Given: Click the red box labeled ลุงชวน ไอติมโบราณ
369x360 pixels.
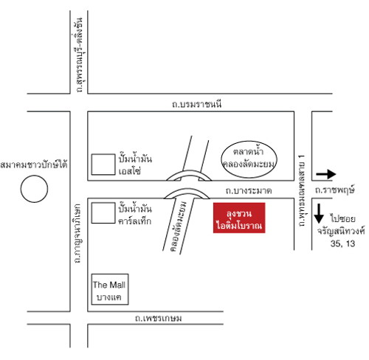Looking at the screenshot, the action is tap(239, 218).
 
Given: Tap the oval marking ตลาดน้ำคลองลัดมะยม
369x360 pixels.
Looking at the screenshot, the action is tap(249, 141).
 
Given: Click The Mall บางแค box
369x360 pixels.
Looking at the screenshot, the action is tap(110, 274).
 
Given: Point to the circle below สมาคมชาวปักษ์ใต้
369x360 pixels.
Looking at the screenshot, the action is tap(34, 176).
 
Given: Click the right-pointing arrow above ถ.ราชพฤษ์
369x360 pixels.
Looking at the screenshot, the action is tap(326, 174).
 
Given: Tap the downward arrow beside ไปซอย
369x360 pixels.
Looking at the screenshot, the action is tap(319, 213).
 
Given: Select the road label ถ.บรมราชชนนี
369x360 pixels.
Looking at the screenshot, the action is tap(197, 104).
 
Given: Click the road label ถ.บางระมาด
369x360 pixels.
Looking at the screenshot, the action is tap(249, 191).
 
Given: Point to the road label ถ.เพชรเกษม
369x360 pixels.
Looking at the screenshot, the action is tap(159, 318).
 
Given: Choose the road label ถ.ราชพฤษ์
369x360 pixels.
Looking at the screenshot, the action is tap(335, 190).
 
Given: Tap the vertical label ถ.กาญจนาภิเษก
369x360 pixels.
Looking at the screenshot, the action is tap(77, 233).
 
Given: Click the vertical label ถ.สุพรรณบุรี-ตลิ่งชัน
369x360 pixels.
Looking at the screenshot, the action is tap(79, 55).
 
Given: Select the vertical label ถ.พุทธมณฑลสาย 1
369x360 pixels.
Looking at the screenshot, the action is tap(302, 191).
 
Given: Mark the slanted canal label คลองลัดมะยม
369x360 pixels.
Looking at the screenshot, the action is tap(179, 226).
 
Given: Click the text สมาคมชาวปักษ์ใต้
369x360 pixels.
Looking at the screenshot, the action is tap(34, 165).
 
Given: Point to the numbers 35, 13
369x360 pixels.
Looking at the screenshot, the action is tap(342, 243).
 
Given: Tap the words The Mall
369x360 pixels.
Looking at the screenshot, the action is tap(109, 285).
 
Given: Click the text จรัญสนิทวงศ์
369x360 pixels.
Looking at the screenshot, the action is tap(341, 231).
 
